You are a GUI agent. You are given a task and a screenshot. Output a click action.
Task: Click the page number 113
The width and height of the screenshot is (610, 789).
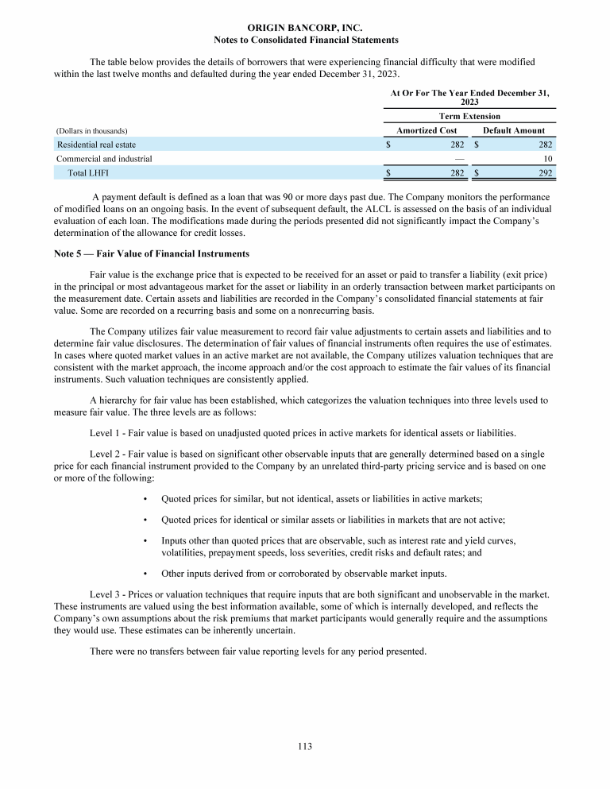306,746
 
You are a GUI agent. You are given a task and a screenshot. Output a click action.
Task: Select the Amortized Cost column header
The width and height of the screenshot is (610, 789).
427,130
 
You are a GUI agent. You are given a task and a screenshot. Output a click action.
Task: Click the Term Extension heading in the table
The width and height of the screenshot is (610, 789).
469,116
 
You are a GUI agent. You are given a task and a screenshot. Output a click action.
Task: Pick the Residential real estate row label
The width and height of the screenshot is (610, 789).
96,145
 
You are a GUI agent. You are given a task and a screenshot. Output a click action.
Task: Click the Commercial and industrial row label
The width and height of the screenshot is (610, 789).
104,158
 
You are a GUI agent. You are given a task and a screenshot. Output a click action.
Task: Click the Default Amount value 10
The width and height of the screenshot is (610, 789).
547,158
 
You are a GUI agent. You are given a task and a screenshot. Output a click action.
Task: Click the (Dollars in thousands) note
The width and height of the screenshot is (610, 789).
92,130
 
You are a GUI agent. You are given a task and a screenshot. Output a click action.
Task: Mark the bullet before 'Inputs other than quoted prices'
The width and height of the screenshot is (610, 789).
147,540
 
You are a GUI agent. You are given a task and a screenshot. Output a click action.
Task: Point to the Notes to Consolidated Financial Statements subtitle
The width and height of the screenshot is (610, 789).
306,40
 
